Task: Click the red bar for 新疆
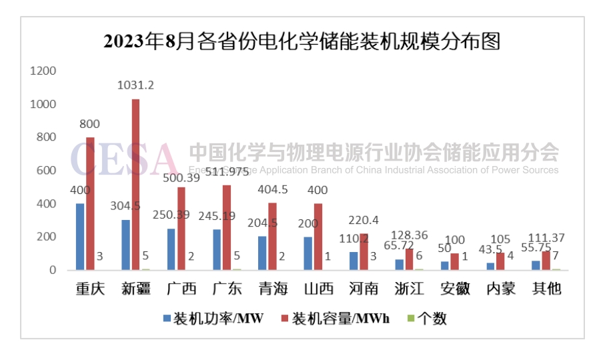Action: pyautogui.click(x=135, y=185)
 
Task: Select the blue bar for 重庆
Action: pyautogui.click(x=80, y=237)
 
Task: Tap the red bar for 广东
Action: pyautogui.click(x=226, y=227)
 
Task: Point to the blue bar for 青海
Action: pyautogui.click(x=262, y=253)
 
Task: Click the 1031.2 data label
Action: pyautogui.click(x=135, y=85)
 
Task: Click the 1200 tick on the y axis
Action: pyautogui.click(x=42, y=71)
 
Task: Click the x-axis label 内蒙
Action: pyautogui.click(x=500, y=289)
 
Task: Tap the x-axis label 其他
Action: pyautogui.click(x=546, y=289)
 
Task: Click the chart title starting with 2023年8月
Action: pyautogui.click(x=302, y=41)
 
